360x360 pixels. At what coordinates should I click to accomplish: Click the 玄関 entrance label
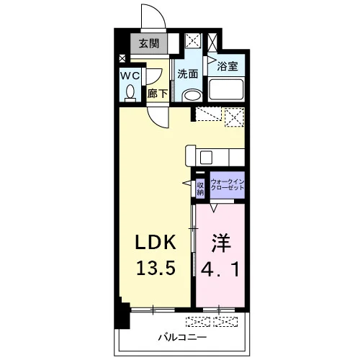[149, 44]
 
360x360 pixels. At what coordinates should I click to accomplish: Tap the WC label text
[130, 76]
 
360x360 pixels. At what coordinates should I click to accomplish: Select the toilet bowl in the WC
[130, 93]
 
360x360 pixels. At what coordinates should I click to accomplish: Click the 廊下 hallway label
[157, 94]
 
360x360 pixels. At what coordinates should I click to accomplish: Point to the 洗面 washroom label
[188, 74]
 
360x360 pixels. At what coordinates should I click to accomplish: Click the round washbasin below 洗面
[192, 96]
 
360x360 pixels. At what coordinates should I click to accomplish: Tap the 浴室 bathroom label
[228, 66]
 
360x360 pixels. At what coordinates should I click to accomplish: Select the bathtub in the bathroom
[226, 89]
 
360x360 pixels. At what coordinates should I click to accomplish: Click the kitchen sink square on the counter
[206, 158]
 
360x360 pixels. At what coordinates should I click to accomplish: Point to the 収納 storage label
[200, 189]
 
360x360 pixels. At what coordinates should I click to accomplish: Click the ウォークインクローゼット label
[228, 185]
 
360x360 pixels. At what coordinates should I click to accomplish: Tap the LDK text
[156, 243]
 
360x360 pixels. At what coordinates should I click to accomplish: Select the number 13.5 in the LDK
[156, 268]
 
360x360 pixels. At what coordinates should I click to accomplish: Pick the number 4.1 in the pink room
[220, 269]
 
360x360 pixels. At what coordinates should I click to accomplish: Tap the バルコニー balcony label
[182, 338]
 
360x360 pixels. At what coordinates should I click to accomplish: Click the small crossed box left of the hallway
[122, 58]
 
